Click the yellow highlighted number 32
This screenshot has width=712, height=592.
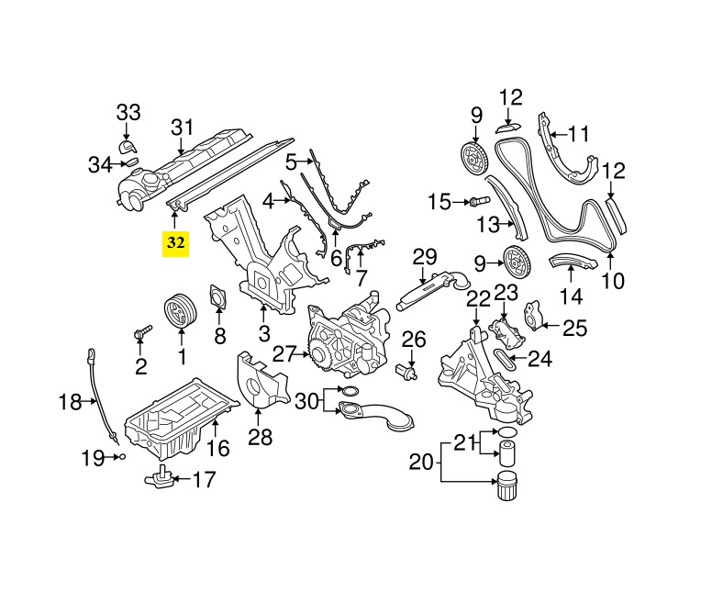(175, 243)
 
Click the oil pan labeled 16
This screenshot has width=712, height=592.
(174, 418)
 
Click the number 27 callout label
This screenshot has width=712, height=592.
(284, 352)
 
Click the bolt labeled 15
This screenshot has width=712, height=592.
(478, 201)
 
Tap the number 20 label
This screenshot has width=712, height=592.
(420, 463)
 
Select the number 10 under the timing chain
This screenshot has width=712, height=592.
(611, 280)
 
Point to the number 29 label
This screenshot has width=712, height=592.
(423, 256)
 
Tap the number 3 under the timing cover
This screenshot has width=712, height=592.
(263, 332)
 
